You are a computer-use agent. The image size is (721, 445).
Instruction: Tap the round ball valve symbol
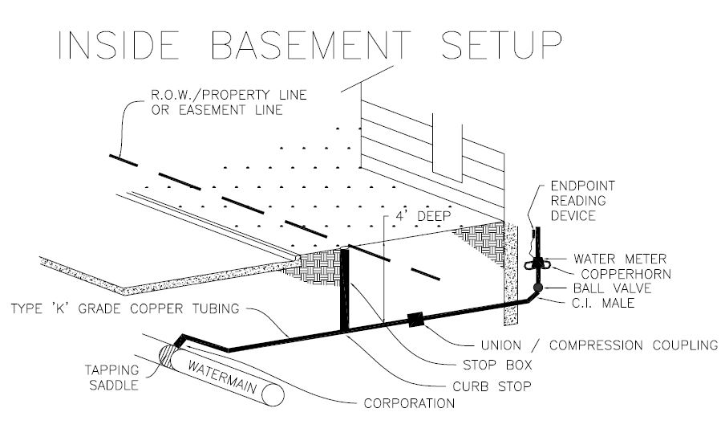point(538,286)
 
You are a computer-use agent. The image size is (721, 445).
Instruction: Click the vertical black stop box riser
point(346,289)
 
